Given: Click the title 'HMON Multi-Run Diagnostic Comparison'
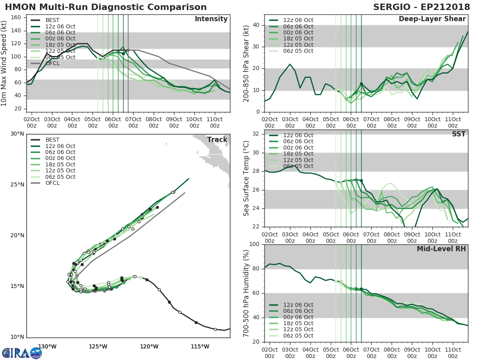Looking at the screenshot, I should [x=106, y=7].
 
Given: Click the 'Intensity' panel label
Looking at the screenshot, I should [x=211, y=19].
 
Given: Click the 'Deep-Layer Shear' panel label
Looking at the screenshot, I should [x=432, y=19].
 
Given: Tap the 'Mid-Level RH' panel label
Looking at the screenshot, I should [x=441, y=249].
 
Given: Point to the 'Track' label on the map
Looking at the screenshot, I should [x=217, y=140].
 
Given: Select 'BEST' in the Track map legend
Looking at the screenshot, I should [x=52, y=140].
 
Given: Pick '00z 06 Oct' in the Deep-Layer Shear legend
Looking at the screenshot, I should [x=298, y=33].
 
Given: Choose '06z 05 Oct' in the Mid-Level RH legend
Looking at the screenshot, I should [x=298, y=336].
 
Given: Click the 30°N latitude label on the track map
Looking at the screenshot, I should [x=17, y=134].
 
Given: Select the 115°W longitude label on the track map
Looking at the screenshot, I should [x=200, y=346].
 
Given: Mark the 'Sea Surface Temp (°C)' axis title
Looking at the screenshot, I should [x=246, y=178].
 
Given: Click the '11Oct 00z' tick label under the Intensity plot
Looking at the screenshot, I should [x=214, y=122].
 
